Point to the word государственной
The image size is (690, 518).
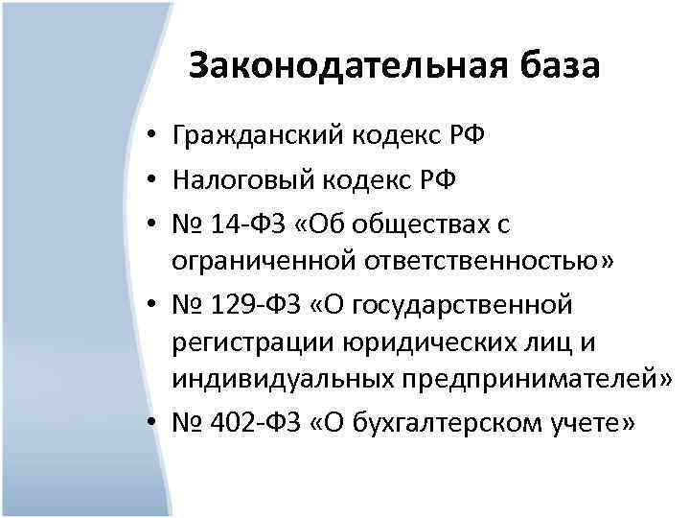point(465,305)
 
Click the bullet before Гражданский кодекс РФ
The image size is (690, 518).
point(152,139)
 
